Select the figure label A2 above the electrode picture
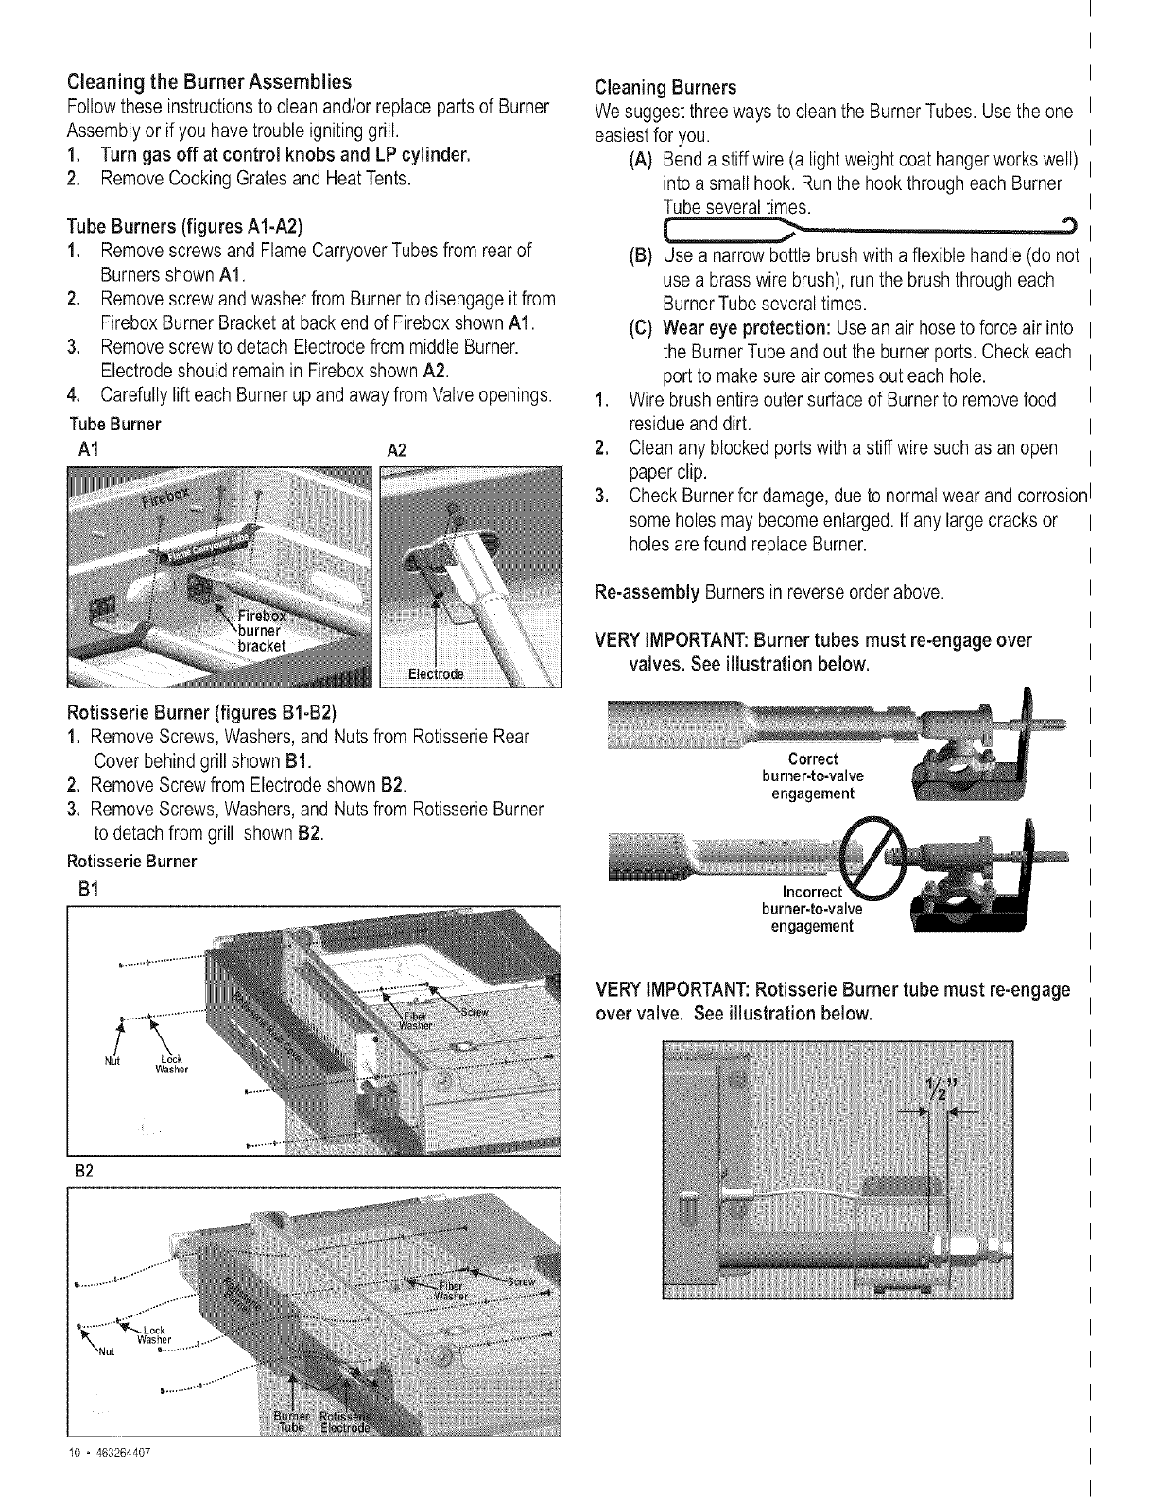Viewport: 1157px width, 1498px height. click(x=397, y=449)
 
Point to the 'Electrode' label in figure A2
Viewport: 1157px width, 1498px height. click(x=436, y=674)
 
